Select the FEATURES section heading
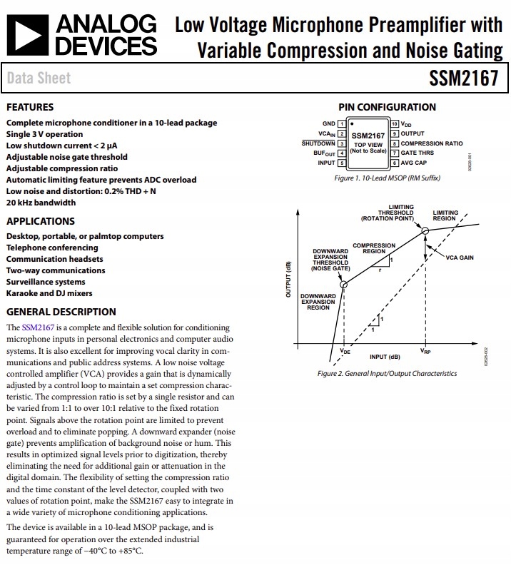[x=29, y=107]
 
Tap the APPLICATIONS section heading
[x=40, y=221]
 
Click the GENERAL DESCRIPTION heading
[x=61, y=312]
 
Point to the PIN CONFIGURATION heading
[x=387, y=107]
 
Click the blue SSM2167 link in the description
[x=36, y=327]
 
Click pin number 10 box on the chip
[x=394, y=123]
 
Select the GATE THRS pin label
[x=417, y=153]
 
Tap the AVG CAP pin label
[x=415, y=163]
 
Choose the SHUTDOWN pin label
[x=318, y=143]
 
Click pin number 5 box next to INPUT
[x=341, y=163]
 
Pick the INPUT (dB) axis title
[x=385, y=357]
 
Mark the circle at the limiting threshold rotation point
[x=425, y=230]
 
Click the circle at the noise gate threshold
[x=344, y=284]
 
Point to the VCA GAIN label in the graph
[x=460, y=258]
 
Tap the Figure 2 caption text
[x=387, y=373]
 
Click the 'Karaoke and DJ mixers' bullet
[x=49, y=293]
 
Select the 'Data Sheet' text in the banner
[x=39, y=78]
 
